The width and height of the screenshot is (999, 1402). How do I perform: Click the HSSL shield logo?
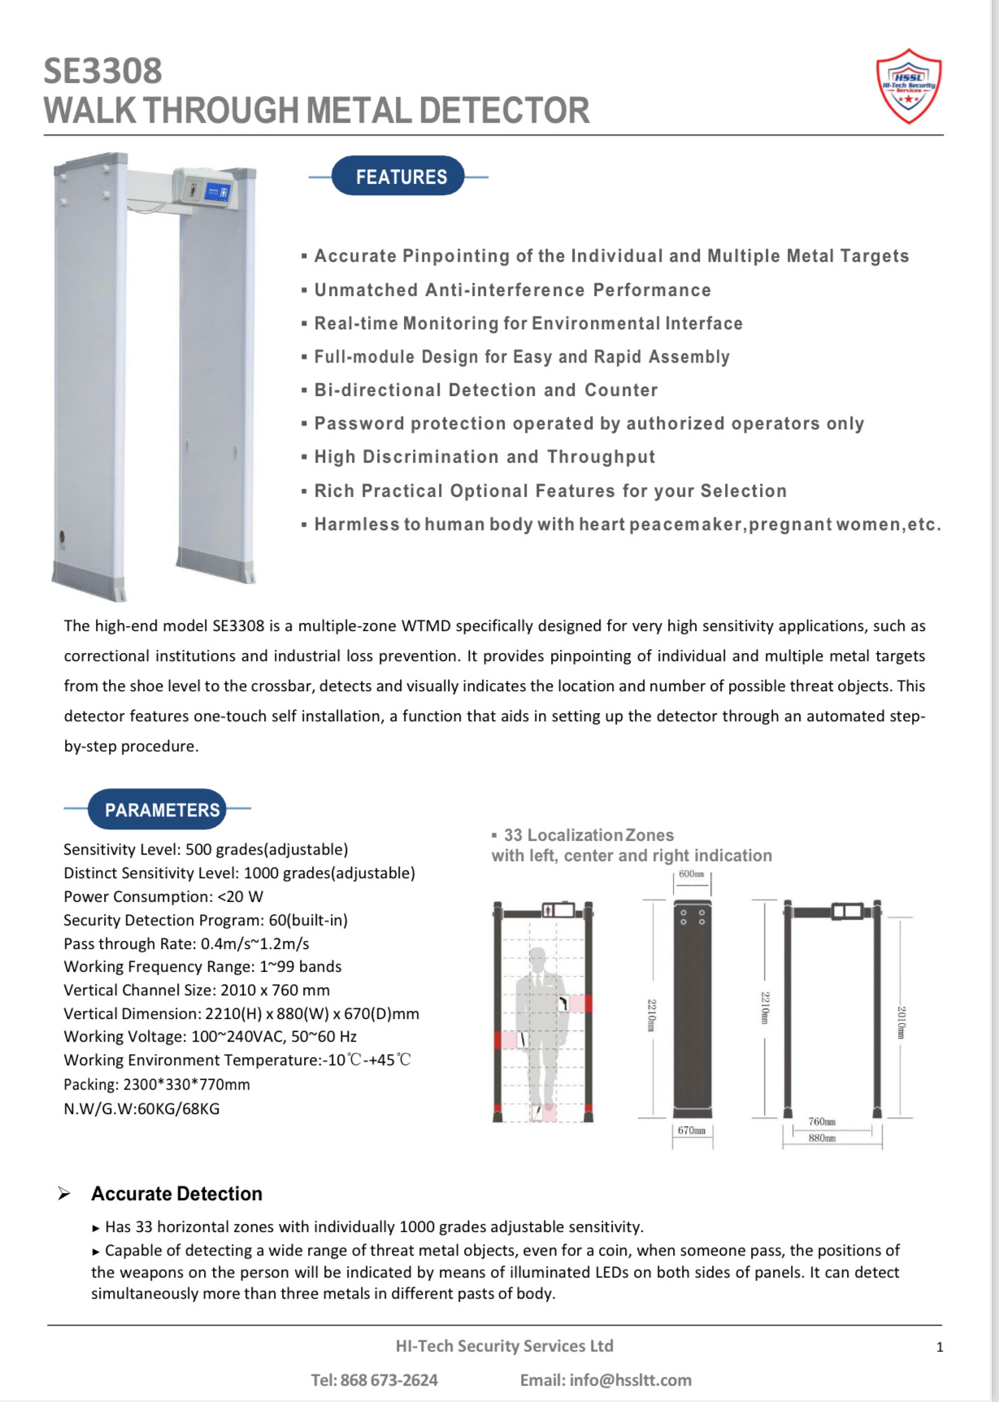click(909, 86)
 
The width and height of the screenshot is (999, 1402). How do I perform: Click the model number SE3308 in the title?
click(102, 72)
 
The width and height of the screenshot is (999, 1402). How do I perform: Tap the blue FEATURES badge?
click(398, 176)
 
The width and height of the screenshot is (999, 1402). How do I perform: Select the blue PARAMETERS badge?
click(158, 810)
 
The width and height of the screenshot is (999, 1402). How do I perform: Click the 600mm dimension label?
click(691, 874)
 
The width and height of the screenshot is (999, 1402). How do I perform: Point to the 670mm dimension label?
click(692, 1130)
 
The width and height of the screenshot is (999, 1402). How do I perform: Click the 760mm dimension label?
click(822, 1121)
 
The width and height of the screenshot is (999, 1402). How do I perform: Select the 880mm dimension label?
click(822, 1138)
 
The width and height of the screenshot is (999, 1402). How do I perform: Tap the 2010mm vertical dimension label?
click(901, 1022)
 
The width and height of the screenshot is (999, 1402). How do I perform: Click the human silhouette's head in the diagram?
click(537, 959)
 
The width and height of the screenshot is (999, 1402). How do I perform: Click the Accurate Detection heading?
click(176, 1194)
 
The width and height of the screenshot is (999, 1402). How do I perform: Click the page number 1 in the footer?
click(940, 1348)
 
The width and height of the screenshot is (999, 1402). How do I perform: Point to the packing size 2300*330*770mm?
click(186, 1085)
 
